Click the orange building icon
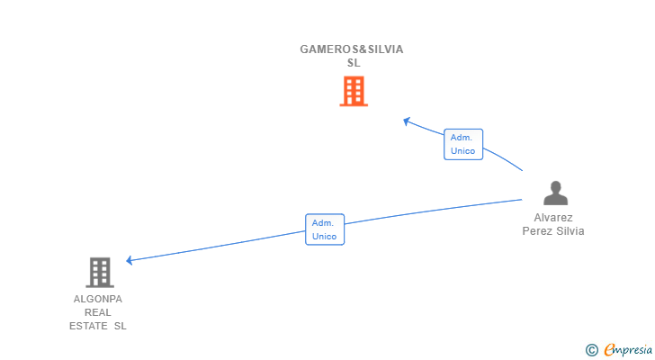point(354,91)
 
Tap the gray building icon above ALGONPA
point(100,272)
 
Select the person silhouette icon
point(556,193)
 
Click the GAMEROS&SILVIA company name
point(352,49)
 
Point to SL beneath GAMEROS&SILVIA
point(354,63)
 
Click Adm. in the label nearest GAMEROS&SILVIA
point(462,137)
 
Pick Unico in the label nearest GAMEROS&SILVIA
point(463,151)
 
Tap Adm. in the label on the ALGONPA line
point(324,222)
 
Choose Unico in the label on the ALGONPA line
point(324,237)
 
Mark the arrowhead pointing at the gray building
point(130,260)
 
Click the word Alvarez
point(553,218)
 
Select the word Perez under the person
point(538,231)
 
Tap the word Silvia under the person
point(570,231)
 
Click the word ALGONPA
point(98,299)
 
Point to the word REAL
point(98,312)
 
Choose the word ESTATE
point(87,326)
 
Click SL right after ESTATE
point(120,326)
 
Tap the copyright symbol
point(591,350)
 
